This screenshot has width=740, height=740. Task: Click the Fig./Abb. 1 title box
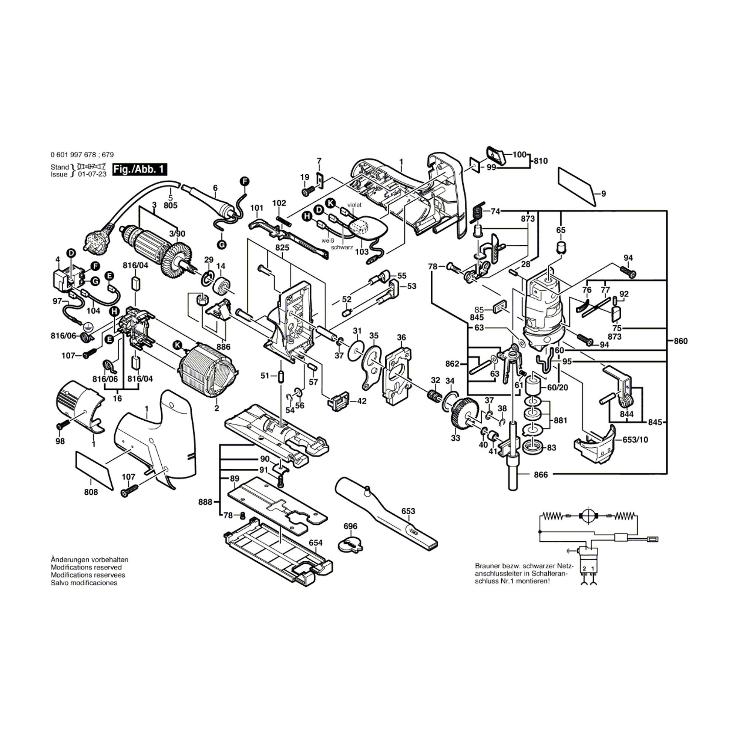tap(140, 169)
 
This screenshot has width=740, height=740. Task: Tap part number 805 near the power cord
tap(171, 206)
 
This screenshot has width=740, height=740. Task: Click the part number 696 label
tap(350, 526)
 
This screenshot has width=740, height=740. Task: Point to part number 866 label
tap(541, 475)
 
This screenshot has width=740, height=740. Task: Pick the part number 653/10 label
tap(635, 440)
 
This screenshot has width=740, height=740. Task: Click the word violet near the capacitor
tap(354, 205)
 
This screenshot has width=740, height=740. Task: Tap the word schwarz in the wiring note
tap(342, 248)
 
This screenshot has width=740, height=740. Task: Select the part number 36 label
tap(401, 337)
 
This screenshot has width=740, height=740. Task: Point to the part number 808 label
tap(91, 492)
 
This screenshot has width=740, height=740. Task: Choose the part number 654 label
tap(316, 543)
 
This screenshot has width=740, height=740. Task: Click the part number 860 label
tap(680, 341)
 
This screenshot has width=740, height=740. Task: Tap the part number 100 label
tap(519, 155)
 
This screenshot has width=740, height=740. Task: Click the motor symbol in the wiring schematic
tap(590, 516)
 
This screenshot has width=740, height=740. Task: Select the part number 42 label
tap(361, 401)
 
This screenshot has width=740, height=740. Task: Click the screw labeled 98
tap(63, 425)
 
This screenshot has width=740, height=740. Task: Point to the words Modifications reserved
tap(86, 567)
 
